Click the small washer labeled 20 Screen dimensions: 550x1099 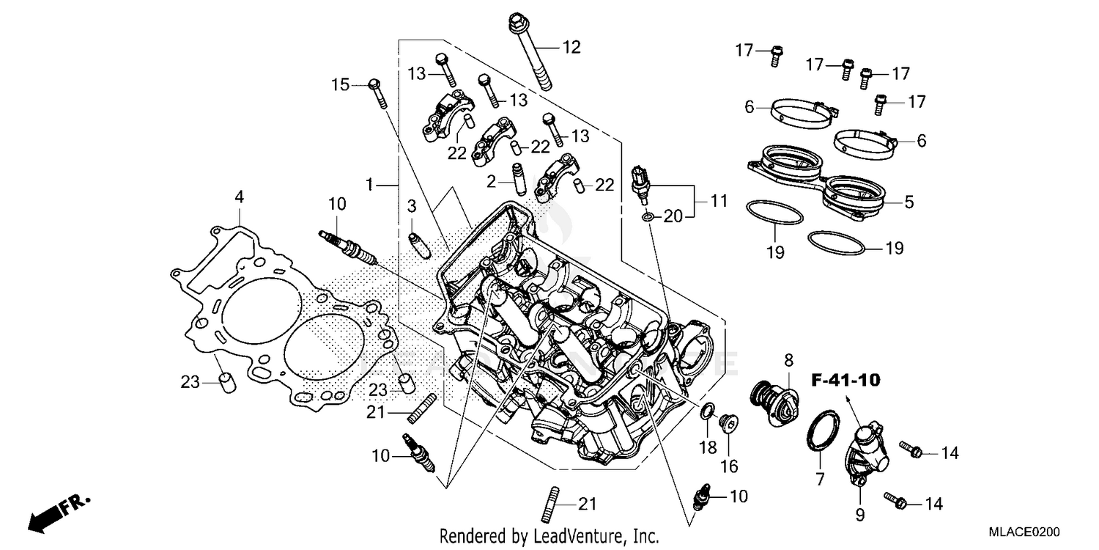(647, 216)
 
